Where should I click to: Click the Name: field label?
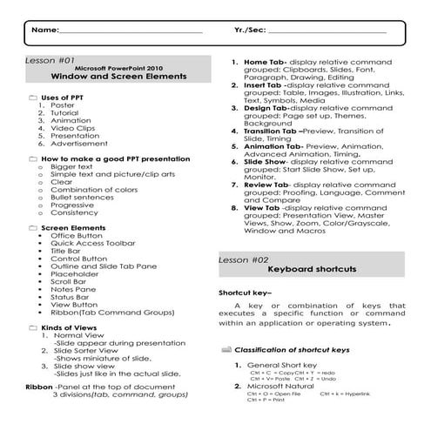point(45,30)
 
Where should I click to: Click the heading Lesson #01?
point(49,61)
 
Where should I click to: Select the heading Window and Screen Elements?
point(131,77)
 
